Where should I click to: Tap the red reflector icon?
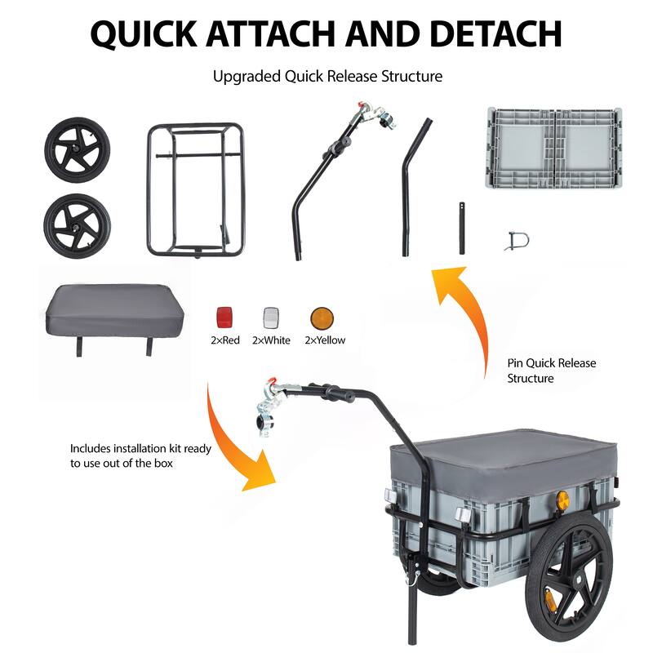coord(224,317)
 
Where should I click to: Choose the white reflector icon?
coord(271,317)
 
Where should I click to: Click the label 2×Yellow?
coord(324,340)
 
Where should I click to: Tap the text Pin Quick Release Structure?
coord(540,371)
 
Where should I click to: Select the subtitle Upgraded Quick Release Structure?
coord(326,77)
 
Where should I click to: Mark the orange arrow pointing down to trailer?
coord(241,441)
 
